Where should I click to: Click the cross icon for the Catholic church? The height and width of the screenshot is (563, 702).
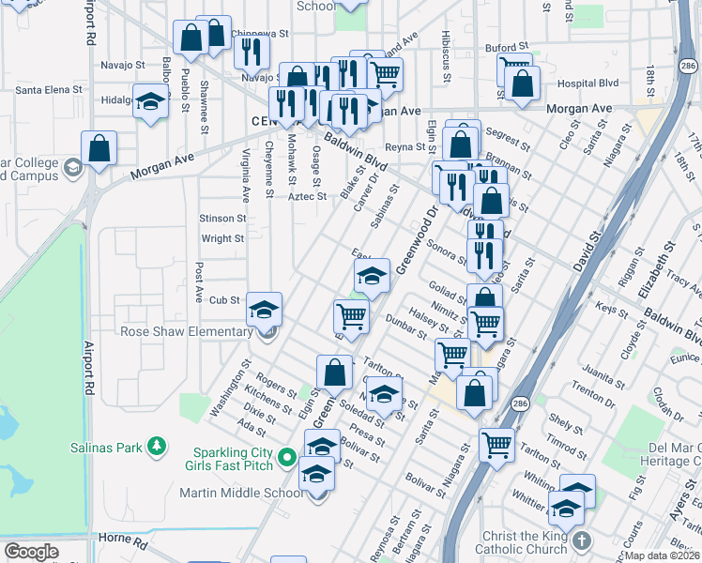[582, 541]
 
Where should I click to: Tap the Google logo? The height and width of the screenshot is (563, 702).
[31, 552]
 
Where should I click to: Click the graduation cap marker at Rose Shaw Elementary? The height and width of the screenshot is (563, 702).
[265, 307]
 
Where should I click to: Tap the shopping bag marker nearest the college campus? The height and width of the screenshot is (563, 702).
[99, 147]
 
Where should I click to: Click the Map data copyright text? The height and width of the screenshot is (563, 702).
[663, 555]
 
